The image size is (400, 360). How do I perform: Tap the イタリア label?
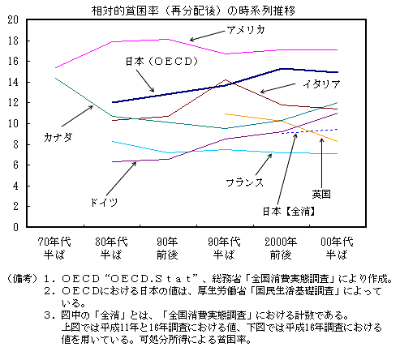pos(320,84)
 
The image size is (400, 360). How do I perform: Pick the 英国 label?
pos(322,194)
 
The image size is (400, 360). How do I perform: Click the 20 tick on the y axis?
pos(11,19)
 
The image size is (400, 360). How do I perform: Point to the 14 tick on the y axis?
pos(11,82)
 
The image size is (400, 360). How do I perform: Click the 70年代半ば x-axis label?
pos(54,246)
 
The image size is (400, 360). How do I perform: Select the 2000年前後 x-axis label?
pos(280,246)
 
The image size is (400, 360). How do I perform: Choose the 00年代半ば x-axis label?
pos(337,246)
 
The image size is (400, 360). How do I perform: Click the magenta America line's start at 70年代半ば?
pos(55,68)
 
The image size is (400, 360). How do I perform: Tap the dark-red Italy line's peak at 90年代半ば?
pos(224,80)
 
